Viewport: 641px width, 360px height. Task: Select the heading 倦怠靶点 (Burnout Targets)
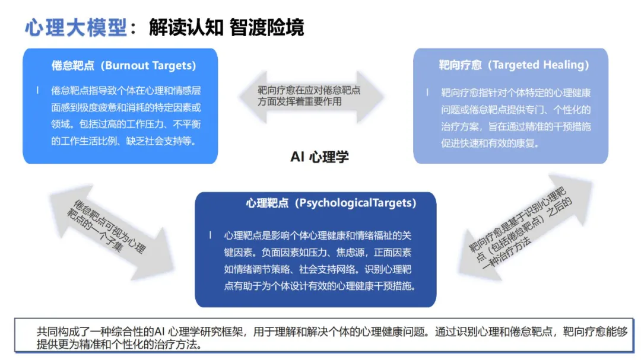(123, 66)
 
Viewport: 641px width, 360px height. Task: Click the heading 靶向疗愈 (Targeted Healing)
(514, 65)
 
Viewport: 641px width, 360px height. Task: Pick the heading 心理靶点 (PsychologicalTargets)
(331, 203)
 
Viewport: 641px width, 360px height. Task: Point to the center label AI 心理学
(319, 157)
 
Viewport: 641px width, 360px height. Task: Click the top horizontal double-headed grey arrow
(311, 96)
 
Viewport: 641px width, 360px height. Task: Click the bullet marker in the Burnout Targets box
(37, 90)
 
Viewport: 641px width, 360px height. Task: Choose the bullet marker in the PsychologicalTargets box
(210, 234)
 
